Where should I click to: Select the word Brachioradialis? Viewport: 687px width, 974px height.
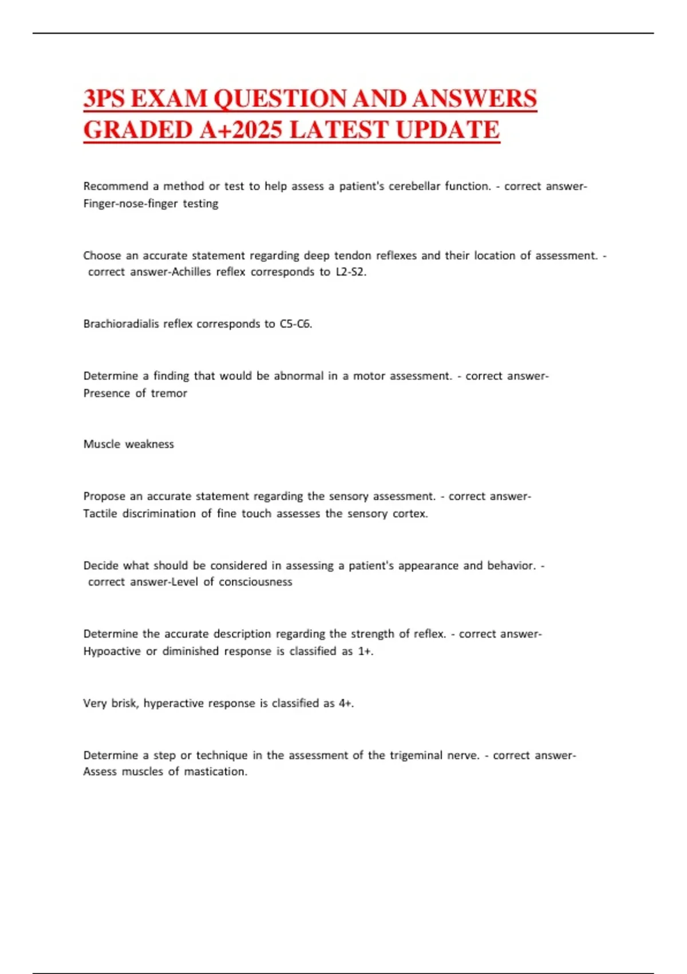(121, 324)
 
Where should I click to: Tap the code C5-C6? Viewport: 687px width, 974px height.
(295, 324)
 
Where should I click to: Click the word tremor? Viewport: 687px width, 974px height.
(169, 393)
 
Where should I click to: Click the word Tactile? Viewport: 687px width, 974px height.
(100, 513)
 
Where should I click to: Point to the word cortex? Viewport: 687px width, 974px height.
(410, 513)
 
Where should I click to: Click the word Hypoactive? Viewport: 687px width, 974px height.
(112, 651)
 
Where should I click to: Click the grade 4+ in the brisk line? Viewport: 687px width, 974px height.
(346, 703)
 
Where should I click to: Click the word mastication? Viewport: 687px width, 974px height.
(216, 772)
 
